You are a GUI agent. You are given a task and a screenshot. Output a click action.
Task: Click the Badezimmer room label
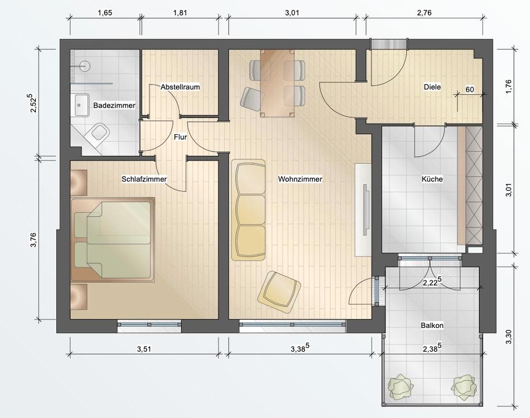click(x=114, y=105)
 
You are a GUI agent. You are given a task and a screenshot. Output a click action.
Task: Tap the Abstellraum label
click(x=180, y=87)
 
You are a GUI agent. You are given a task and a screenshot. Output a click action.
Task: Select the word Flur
click(x=180, y=137)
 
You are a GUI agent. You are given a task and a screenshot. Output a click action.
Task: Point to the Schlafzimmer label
click(x=144, y=179)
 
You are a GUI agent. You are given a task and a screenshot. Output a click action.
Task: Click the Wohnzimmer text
click(x=300, y=179)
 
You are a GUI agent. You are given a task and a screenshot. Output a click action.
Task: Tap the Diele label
click(x=432, y=87)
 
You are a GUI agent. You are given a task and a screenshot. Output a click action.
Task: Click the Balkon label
click(x=432, y=325)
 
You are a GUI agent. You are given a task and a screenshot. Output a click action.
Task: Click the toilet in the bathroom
click(x=97, y=135)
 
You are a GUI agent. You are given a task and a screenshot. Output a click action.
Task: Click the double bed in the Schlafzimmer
click(x=113, y=240)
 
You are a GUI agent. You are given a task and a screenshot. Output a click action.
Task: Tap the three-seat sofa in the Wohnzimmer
click(x=248, y=210)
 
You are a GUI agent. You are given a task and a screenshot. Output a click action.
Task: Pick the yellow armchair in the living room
click(x=279, y=290)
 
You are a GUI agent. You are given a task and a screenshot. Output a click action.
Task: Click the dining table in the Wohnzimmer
click(x=277, y=83)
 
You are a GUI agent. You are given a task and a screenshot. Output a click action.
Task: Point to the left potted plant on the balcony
click(x=401, y=387)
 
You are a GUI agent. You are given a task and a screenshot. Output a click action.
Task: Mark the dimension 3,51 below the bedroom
click(x=144, y=349)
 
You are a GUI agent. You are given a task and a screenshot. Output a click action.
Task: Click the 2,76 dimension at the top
click(x=424, y=13)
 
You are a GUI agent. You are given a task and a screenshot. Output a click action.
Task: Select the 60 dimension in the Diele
click(x=470, y=89)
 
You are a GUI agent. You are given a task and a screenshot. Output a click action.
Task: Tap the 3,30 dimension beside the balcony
click(x=508, y=337)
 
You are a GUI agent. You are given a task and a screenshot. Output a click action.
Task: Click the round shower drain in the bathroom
click(x=85, y=66)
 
